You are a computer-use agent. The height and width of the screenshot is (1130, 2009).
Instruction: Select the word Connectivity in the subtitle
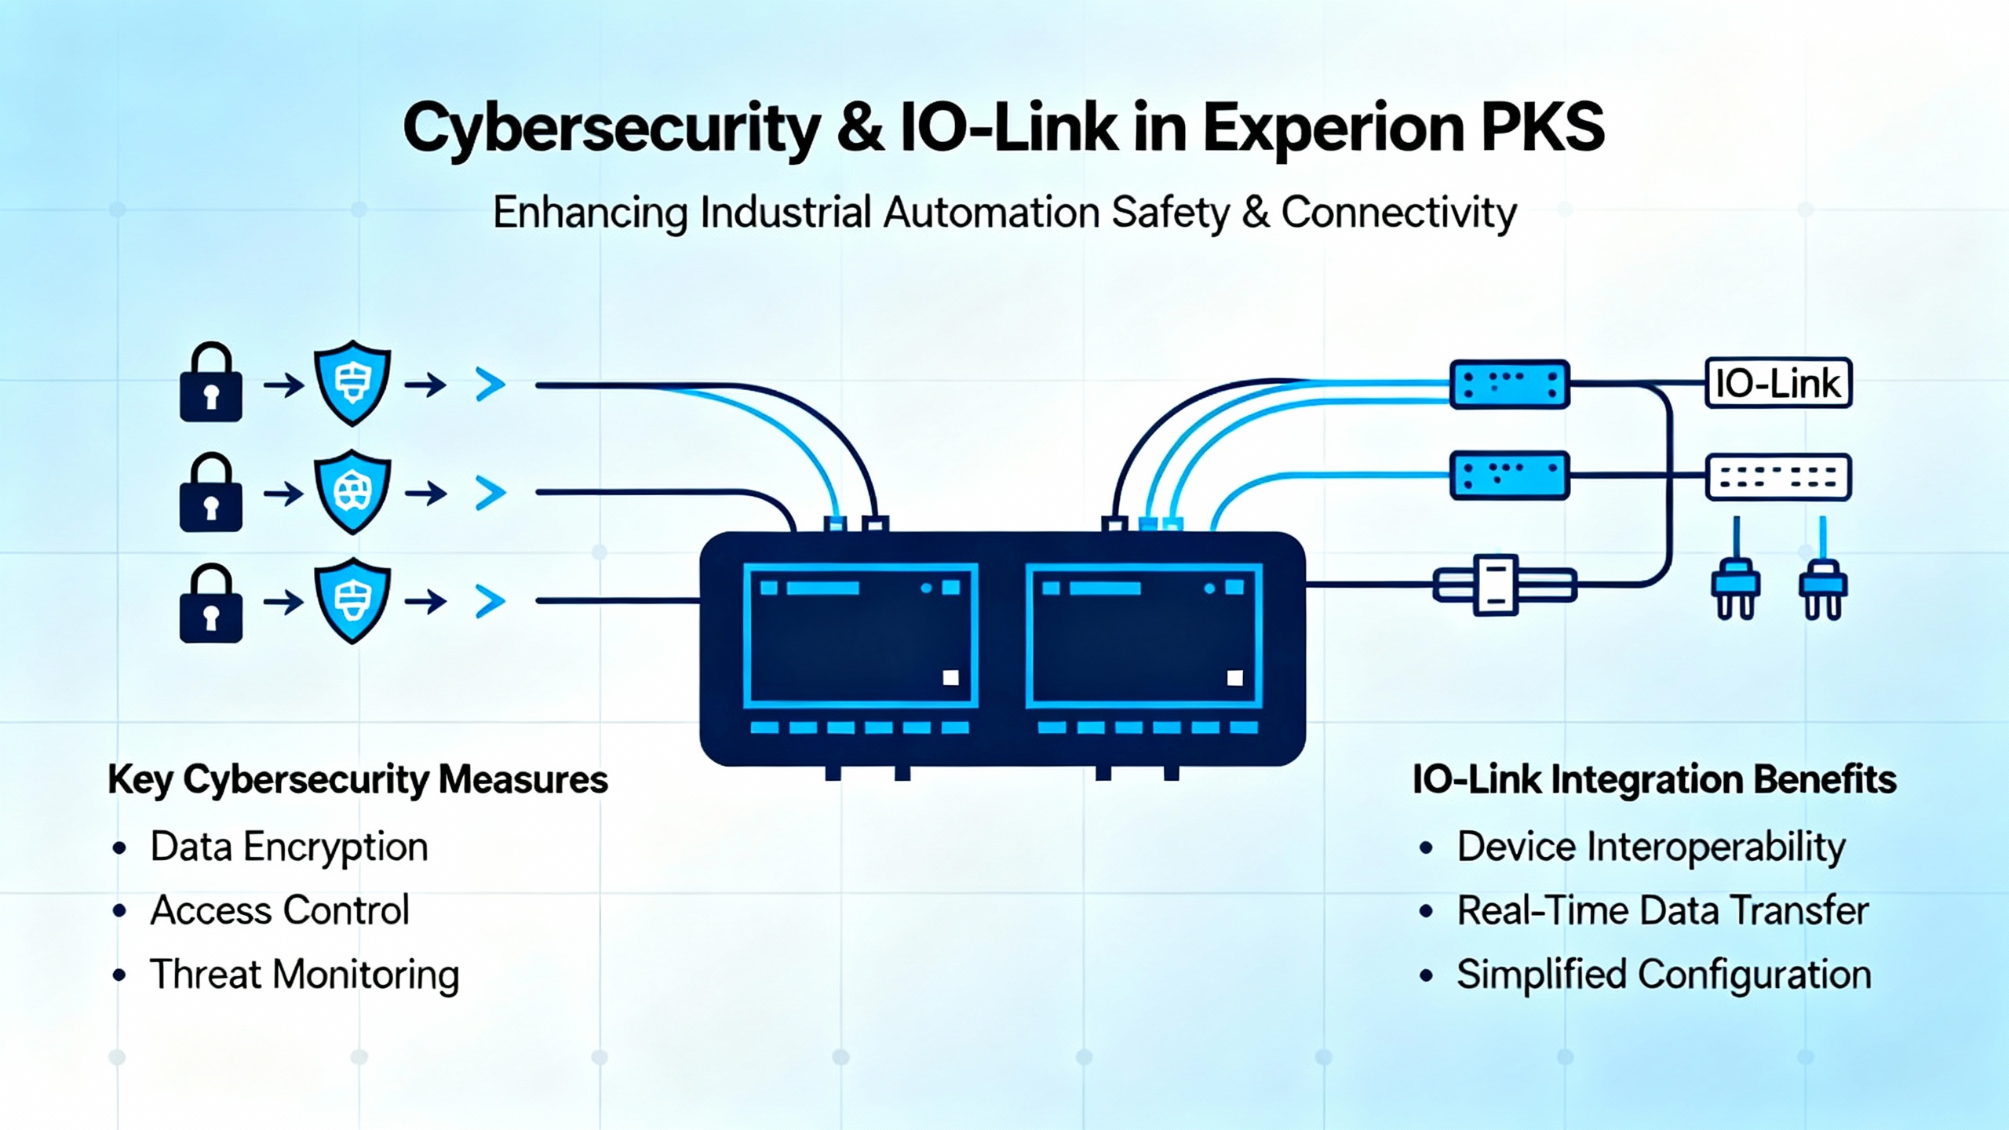pos(1398,213)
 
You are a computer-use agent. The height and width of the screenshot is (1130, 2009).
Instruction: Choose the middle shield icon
pos(352,492)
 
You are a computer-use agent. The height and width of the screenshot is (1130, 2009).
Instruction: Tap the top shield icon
pos(352,383)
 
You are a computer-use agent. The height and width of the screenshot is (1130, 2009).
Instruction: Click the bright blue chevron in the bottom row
pos(490,602)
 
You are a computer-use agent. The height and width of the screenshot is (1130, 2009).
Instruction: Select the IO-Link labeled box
pos(1778,383)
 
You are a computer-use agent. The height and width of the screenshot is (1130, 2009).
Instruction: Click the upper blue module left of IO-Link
pos(1509,384)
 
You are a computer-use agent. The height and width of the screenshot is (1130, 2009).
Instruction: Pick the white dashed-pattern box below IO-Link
pos(1778,477)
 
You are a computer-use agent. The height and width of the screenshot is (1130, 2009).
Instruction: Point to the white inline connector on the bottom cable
pos(1497,585)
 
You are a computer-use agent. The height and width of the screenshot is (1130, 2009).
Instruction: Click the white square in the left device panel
pos(950,678)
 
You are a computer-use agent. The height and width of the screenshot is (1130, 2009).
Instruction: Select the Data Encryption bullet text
pos(289,847)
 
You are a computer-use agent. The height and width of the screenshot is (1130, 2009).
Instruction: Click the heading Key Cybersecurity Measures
pos(358,780)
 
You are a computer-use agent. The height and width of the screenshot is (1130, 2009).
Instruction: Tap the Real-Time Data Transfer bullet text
pos(1662,911)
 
